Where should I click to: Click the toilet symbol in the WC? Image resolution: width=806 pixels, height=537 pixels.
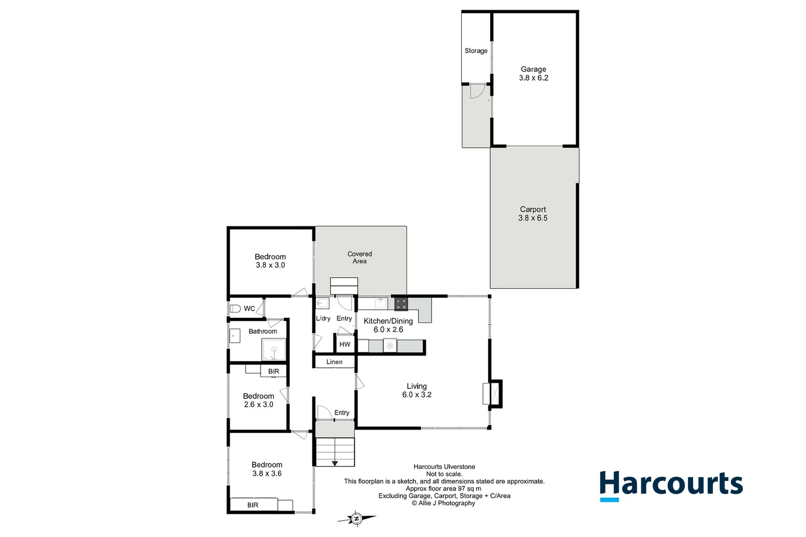pos(235,309)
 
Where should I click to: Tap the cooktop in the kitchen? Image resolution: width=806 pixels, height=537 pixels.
pos(401,303)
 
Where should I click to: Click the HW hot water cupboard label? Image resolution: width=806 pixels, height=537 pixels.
pos(345,344)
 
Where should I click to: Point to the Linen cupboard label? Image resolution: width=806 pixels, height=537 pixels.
pos(334,362)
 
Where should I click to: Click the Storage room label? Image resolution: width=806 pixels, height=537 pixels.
pos(476,51)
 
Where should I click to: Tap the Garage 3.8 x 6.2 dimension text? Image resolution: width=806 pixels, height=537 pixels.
pos(534,78)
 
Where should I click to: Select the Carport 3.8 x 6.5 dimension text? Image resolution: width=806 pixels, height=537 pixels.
pos(533,218)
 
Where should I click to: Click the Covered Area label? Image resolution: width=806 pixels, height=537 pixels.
pos(360,258)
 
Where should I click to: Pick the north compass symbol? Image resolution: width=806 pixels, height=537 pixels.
pos(356,519)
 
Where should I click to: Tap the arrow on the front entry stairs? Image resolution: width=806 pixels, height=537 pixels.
pos(335,463)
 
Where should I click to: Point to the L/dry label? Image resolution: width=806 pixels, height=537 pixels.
pos(323,319)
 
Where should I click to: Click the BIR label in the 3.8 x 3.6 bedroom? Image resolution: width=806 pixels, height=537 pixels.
pos(253,505)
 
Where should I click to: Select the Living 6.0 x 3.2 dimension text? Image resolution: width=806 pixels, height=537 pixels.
pos(417,395)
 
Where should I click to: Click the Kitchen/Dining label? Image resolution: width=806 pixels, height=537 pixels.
pos(388,321)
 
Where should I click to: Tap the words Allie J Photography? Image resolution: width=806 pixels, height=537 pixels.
pos(447,503)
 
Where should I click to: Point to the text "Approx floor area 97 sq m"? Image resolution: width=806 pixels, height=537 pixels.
pos(443,489)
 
